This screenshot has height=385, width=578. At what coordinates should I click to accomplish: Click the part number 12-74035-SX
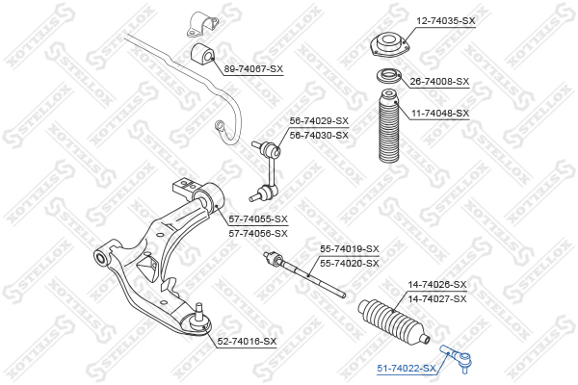[x=446, y=21]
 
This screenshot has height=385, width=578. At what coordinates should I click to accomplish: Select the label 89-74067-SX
[x=253, y=69]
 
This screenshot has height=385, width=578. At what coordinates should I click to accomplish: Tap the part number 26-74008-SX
[x=439, y=82]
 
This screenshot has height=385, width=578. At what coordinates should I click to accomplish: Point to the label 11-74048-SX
[x=440, y=114]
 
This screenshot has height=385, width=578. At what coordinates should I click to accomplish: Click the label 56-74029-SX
[x=319, y=121]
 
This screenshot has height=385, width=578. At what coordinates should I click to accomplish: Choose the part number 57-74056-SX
[x=258, y=234]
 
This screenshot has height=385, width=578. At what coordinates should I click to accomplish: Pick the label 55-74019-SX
[x=350, y=249]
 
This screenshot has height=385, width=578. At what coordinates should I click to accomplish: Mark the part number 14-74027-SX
[x=437, y=298]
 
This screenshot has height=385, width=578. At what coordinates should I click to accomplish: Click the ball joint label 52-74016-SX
[x=247, y=342]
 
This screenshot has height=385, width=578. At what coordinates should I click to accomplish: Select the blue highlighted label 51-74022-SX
[x=407, y=368]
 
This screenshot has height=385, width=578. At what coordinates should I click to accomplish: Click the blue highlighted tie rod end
[x=458, y=358]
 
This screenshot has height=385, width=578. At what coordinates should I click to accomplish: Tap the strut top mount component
[x=390, y=44]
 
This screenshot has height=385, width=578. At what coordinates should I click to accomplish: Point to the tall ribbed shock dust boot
[x=389, y=126]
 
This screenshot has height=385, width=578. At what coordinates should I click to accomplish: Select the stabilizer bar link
[x=266, y=170]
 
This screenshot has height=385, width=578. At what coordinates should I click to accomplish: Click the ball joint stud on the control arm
[x=199, y=312]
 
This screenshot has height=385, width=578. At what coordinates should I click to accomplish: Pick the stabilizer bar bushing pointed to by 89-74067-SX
[x=202, y=54]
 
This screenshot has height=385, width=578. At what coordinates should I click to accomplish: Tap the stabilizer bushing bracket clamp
[x=202, y=24]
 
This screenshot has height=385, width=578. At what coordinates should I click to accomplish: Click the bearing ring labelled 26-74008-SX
[x=388, y=77]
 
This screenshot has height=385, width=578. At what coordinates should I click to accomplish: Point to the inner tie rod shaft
[x=304, y=274]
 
